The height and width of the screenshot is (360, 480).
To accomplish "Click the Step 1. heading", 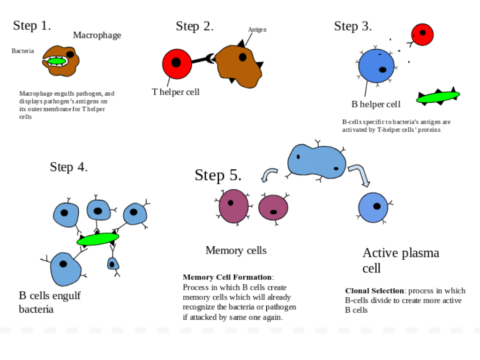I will [32, 25].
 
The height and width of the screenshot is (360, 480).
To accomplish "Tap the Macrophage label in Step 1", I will [97, 35].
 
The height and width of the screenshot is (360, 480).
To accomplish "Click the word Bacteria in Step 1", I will [22, 51].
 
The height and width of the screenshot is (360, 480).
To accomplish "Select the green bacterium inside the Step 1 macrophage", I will [57, 61].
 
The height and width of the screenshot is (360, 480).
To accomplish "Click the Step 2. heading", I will [195, 26].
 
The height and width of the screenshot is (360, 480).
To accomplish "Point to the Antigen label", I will [257, 30].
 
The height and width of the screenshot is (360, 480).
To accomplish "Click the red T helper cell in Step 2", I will [177, 63].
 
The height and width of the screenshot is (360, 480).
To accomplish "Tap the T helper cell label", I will [176, 92].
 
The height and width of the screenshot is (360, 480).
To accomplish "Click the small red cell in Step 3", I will [422, 34].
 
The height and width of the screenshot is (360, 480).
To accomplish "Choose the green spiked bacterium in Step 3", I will [438, 97].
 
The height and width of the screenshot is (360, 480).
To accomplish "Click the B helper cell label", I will [376, 104].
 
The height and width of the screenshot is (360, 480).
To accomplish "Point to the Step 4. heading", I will [68, 167].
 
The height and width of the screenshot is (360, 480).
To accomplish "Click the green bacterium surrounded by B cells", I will [97, 239].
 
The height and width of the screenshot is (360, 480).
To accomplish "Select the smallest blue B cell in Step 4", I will [112, 264].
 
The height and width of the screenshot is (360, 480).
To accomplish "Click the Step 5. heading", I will [218, 175].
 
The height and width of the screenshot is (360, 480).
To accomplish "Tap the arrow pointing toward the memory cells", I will [269, 174].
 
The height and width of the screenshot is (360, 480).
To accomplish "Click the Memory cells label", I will [236, 250].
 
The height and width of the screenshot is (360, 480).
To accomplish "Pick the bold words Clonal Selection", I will [375, 291].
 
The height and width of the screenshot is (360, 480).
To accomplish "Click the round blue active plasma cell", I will [373, 207].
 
